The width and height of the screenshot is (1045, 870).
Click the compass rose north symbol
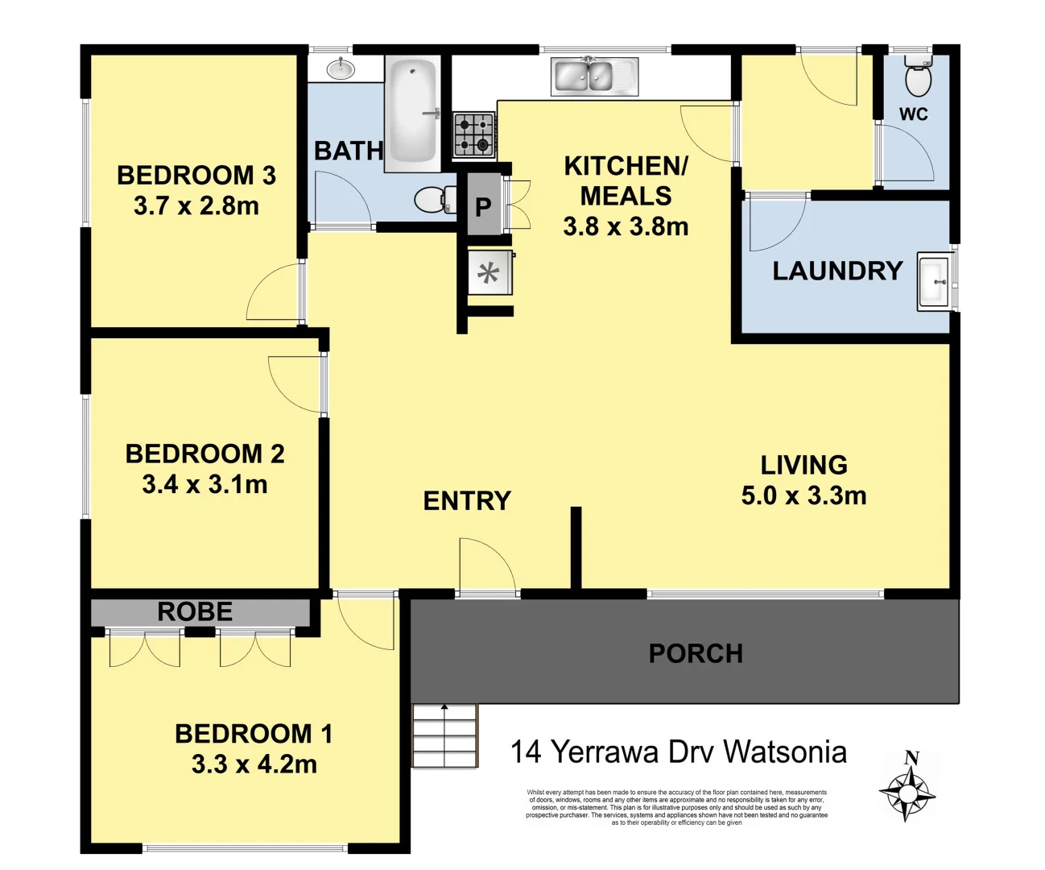click(907, 790)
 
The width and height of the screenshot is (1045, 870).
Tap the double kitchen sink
click(594, 77)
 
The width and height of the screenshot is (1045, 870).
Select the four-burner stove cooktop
click(473, 135)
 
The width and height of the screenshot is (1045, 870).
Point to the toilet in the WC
click(918, 78)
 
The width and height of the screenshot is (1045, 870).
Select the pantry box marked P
click(483, 207)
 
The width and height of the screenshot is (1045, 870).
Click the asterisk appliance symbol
click(489, 273)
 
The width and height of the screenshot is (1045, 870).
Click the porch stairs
click(444, 736)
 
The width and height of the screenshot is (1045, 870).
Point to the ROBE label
click(195, 612)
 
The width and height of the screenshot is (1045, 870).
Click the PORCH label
click(696, 653)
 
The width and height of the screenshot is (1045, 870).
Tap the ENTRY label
click(467, 501)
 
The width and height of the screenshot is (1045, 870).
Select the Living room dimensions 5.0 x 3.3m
click(803, 495)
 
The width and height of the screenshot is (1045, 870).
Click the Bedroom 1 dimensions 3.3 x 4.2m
click(254, 764)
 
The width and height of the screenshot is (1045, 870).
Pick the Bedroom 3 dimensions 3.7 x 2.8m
click(196, 205)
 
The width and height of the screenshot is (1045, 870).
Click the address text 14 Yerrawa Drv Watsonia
click(678, 752)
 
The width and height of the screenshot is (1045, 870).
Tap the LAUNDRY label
click(837, 271)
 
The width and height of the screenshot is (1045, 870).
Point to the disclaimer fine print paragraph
click(676, 807)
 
